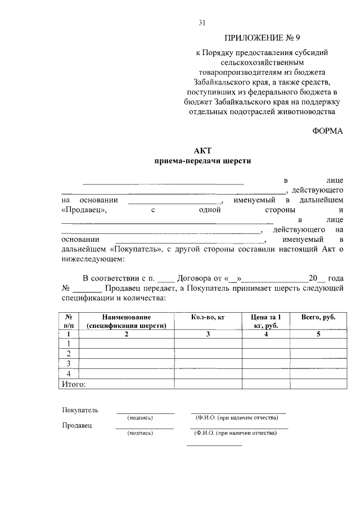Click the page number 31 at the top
coord(203,23)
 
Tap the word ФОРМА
coord(327,130)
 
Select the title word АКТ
coord(202,150)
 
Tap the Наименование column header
coord(127,321)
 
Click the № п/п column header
coord(69,321)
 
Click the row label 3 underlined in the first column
coord(69,363)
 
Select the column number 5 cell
coord(318,334)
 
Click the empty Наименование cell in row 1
coord(127,344)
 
